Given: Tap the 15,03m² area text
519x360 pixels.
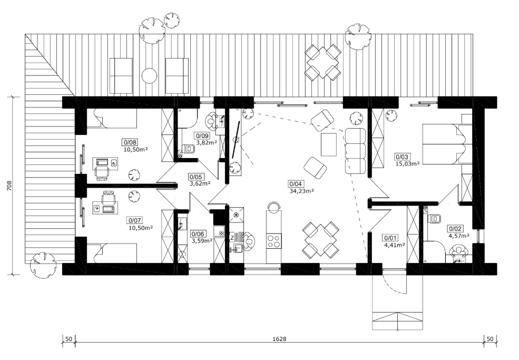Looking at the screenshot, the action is [x=407, y=163].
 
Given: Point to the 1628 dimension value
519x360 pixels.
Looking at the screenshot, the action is [x=279, y=339].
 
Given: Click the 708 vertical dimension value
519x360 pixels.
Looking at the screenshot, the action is [x=9, y=186].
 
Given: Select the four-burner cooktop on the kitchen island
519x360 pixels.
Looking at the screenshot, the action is [x=275, y=241].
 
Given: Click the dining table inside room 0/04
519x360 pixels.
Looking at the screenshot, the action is [x=321, y=240].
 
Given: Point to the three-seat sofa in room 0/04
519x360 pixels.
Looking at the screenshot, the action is [x=355, y=151].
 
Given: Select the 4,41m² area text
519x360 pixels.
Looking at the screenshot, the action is [x=394, y=246].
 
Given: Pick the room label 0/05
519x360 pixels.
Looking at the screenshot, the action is [x=195, y=177].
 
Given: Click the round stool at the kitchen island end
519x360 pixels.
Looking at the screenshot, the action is [x=274, y=208].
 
